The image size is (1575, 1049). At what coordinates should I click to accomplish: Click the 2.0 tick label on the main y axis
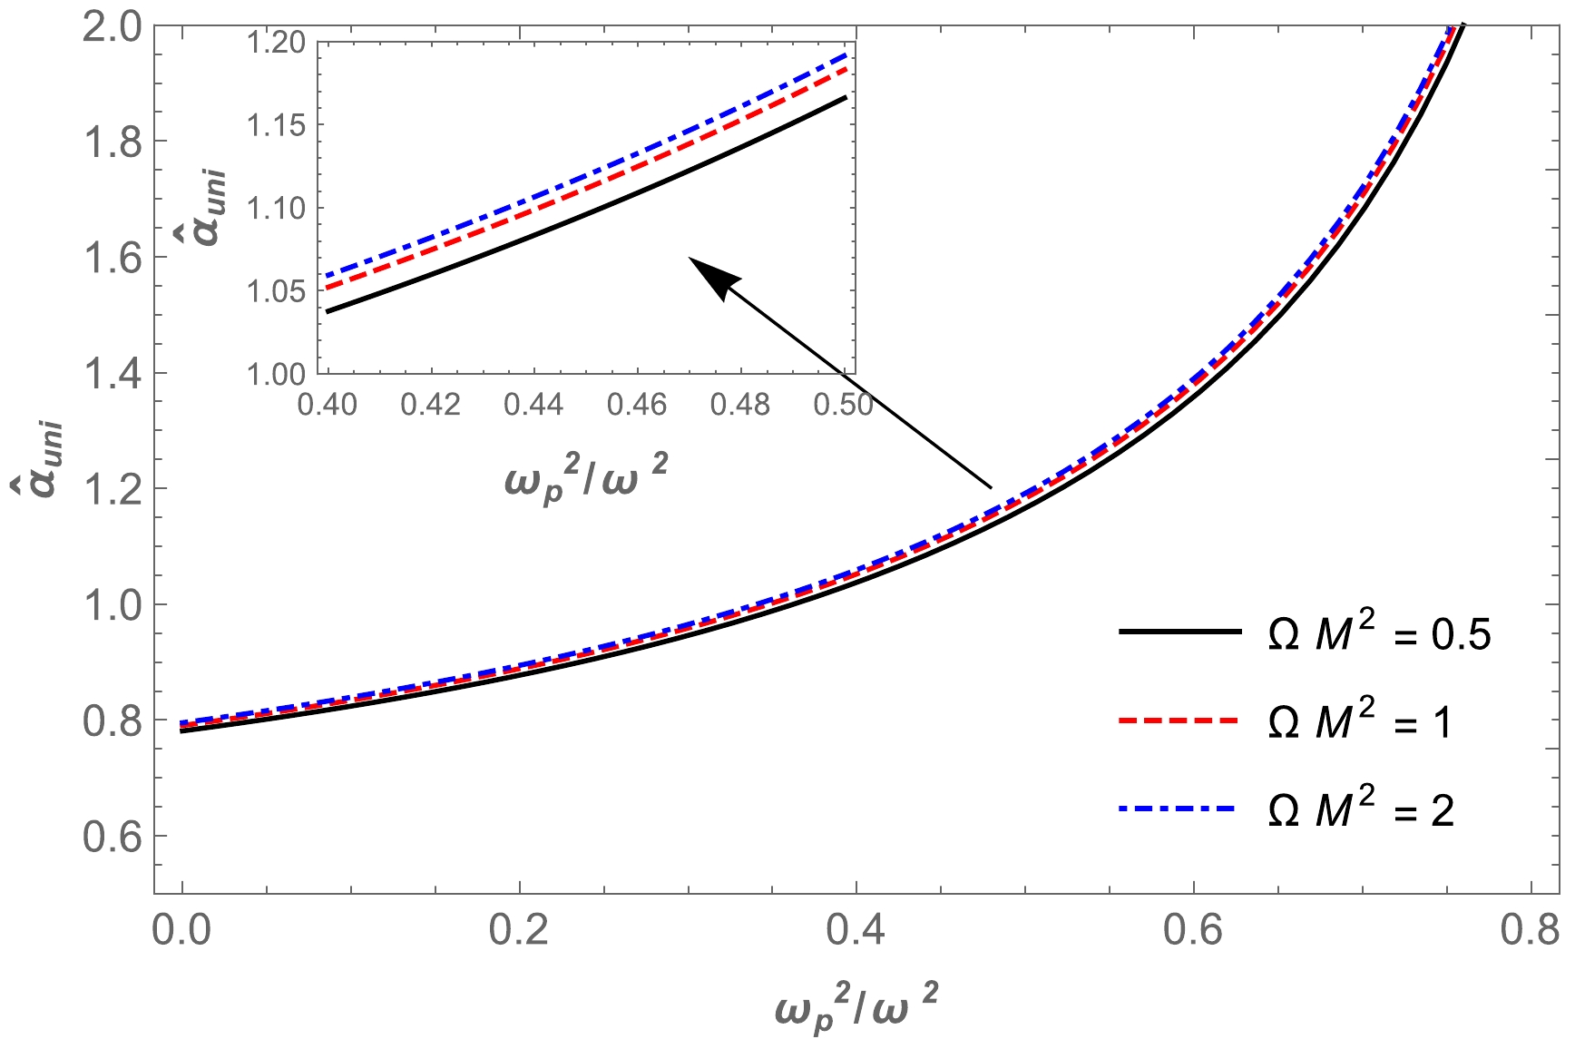[x=112, y=26]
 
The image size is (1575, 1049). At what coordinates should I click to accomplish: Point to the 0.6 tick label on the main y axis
[x=112, y=837]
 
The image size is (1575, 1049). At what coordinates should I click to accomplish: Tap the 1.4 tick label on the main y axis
[x=112, y=374]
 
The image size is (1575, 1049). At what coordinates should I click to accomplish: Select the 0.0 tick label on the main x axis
[x=181, y=932]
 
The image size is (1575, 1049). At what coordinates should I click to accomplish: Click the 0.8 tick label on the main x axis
[x=1530, y=932]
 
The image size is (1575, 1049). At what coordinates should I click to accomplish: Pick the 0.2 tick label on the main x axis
[x=519, y=932]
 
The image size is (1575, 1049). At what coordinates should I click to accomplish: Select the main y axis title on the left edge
[x=42, y=454]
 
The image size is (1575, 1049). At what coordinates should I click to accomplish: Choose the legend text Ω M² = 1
[x=1359, y=721]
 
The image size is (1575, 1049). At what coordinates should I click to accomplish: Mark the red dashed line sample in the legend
[x=1179, y=721]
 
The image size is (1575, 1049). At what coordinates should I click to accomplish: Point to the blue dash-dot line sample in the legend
[x=1179, y=808]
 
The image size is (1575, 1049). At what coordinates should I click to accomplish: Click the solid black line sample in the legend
[x=1179, y=632]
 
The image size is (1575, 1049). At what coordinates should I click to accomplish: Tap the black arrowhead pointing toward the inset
[x=714, y=276]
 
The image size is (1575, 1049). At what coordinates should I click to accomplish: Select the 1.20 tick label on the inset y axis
[x=276, y=43]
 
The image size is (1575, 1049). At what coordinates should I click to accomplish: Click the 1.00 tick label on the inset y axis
[x=276, y=374]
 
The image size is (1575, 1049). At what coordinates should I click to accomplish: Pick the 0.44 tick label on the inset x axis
[x=533, y=404]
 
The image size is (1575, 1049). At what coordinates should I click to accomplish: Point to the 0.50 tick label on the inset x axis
[x=844, y=404]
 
